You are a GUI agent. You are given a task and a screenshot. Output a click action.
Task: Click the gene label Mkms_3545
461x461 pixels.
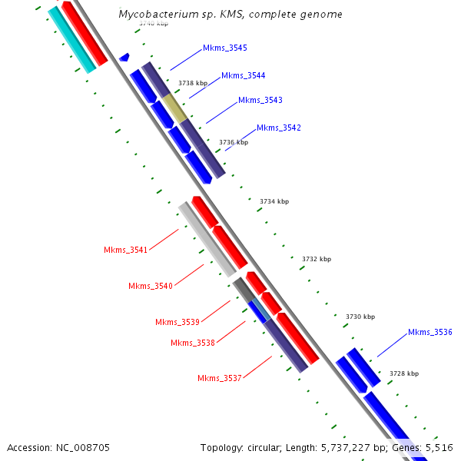coord(225,48)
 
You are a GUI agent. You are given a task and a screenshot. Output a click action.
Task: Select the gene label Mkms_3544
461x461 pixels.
coord(244,75)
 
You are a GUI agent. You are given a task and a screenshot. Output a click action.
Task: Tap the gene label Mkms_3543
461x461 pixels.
coord(260,101)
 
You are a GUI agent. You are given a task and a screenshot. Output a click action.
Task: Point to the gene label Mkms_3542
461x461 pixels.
coord(279,128)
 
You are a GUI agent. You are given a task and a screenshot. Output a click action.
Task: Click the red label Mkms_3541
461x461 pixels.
coord(126,250)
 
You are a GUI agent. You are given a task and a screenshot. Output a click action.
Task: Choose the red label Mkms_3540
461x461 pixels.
coord(151,286)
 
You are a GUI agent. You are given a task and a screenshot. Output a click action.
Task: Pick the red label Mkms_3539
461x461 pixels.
coord(177,322)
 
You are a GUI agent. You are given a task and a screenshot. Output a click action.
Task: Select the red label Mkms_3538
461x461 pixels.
coord(193,343)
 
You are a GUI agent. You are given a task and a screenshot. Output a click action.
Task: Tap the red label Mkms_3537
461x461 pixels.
coord(220,378)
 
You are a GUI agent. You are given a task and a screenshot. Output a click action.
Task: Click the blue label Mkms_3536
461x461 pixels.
coord(430,332)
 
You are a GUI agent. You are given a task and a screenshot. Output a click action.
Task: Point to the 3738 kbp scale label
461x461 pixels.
coord(193,83)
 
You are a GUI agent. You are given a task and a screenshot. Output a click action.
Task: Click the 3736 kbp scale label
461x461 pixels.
coord(234,142)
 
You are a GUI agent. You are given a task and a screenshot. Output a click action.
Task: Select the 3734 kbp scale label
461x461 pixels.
coord(274,201)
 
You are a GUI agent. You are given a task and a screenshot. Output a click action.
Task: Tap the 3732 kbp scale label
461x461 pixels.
coord(317,260)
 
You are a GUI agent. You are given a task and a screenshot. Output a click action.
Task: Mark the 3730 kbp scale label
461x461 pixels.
coord(360,317)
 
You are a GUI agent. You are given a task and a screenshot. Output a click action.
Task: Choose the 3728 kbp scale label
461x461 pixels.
coord(404,373)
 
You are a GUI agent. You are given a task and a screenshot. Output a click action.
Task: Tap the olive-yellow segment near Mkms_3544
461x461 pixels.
coord(174,108)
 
